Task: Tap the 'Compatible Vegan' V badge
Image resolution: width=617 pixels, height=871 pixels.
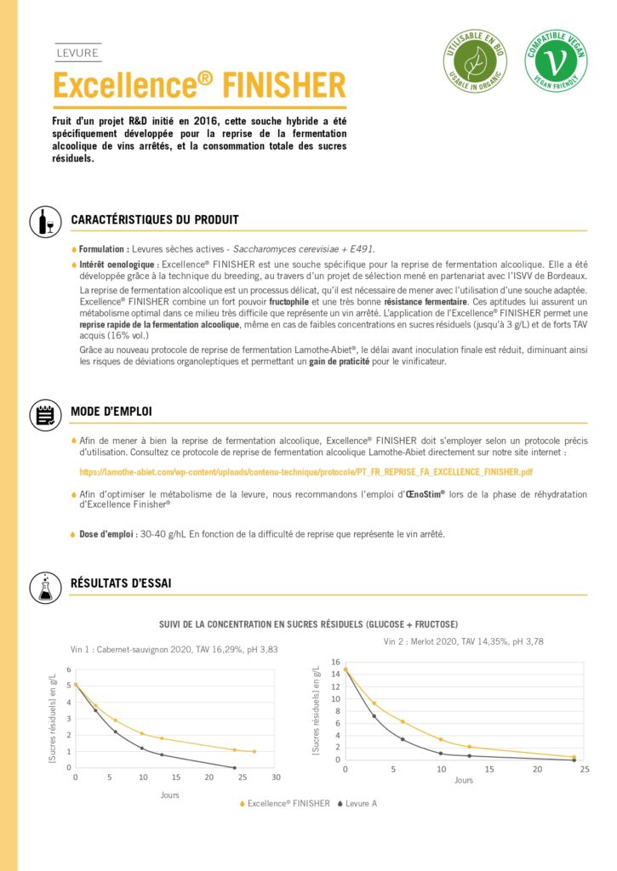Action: point(555,62)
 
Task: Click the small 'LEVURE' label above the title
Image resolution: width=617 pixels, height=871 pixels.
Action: point(77,53)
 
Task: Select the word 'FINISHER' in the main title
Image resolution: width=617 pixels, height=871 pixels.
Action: point(284,86)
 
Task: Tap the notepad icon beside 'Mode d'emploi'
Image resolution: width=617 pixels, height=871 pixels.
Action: point(45,413)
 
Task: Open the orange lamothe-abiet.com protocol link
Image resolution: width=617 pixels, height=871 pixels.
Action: point(306,471)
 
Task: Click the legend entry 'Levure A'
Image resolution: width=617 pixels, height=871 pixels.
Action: point(362,803)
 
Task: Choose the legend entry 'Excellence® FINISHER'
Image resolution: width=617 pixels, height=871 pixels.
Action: point(289,803)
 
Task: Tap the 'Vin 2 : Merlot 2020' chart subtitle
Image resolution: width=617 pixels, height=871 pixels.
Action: point(465,640)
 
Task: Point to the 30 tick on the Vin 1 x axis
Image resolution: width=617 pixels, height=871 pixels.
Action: point(276,777)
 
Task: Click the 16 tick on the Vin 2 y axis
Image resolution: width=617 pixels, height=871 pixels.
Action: point(335,662)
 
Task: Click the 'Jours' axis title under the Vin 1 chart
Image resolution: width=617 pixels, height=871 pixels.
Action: point(169,794)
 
